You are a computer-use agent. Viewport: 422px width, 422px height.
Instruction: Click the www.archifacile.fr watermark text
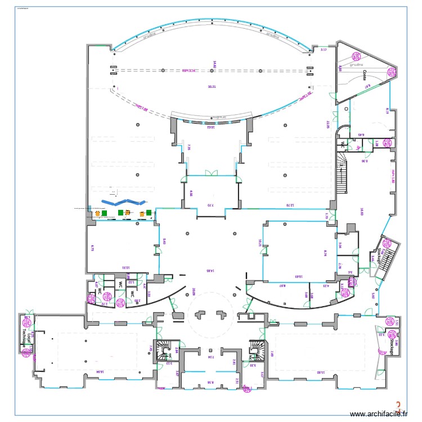pos(378,414)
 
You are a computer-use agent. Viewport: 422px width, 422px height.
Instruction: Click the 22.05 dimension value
pos(326,124)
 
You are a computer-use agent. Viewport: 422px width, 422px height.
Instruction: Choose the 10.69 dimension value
pos(299,276)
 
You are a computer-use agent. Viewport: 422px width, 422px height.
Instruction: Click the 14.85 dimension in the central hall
pos(210,271)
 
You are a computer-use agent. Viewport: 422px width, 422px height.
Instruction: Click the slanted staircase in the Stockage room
pos(389,259)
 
